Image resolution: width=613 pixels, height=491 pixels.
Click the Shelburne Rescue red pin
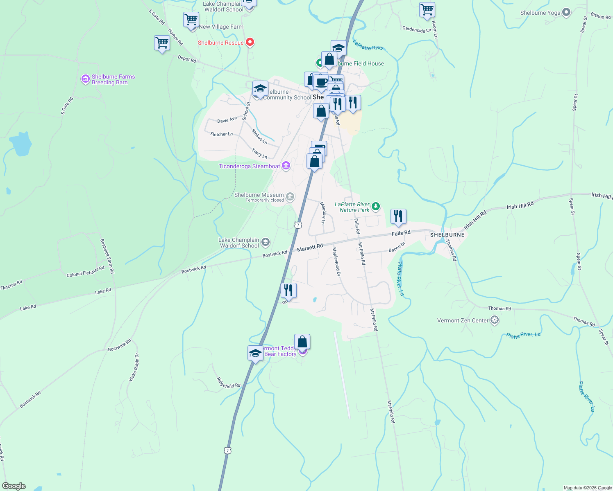tap(250, 42)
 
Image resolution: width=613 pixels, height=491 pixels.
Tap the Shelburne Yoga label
tap(540, 13)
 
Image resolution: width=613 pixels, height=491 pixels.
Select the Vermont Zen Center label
tap(463, 320)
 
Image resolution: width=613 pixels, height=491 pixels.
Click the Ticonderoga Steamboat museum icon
tap(286, 166)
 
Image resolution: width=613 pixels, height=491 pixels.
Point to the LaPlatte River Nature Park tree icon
tap(376, 206)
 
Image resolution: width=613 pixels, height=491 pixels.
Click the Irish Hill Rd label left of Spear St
tap(520, 205)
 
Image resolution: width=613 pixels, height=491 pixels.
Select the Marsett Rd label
tap(310, 247)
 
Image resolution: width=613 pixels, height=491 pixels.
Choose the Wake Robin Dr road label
tap(134, 367)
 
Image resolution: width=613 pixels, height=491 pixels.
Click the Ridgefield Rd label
tap(228, 383)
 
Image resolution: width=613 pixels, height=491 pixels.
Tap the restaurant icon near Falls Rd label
tap(398, 216)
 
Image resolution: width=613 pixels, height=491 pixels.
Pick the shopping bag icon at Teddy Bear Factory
tap(302, 342)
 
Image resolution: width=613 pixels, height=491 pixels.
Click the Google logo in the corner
tap(14, 486)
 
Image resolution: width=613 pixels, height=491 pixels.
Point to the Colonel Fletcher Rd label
tap(85, 272)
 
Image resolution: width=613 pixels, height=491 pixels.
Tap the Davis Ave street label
tap(227, 120)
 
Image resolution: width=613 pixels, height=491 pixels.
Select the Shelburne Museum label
tap(259, 195)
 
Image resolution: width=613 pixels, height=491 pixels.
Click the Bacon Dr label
tap(397, 247)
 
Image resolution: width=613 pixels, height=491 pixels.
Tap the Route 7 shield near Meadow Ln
tap(298, 225)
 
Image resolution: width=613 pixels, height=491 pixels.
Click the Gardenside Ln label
tap(416, 29)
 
